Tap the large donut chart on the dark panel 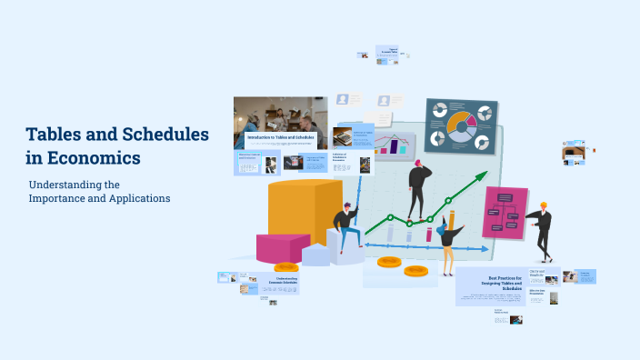pyautogui.click(x=460, y=128)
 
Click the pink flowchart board pyautogui.click(x=505, y=213)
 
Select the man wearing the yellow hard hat pyautogui.click(x=542, y=229)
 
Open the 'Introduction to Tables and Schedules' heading pyautogui.click(x=280, y=137)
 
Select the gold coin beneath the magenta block pyautogui.click(x=285, y=267)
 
